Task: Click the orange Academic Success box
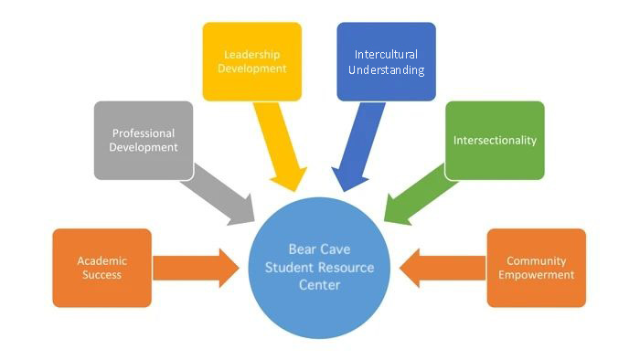(x=101, y=267)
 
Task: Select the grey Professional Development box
(x=144, y=140)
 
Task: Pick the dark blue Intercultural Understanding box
(x=386, y=60)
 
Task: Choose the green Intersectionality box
(x=495, y=140)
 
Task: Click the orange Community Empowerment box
(x=536, y=267)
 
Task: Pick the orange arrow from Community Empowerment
(x=443, y=268)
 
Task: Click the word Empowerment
(x=540, y=275)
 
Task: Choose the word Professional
(x=144, y=132)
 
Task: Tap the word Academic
(x=101, y=259)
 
